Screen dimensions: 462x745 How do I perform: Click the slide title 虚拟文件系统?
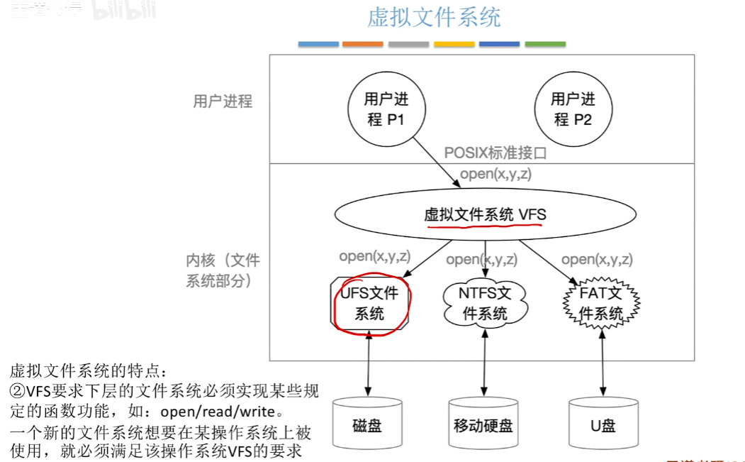tap(434, 17)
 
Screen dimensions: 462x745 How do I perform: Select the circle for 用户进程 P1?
tap(386, 109)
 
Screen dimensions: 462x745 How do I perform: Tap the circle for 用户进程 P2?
tap(573, 109)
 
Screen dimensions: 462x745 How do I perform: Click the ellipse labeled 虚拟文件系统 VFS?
tap(485, 214)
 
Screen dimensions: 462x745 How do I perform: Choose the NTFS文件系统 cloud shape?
tap(485, 303)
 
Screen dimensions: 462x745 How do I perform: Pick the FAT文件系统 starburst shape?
tap(601, 303)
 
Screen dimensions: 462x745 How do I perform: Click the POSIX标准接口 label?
tap(495, 153)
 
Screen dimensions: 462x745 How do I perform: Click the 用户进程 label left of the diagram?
tap(223, 101)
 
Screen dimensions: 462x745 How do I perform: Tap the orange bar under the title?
tap(362, 44)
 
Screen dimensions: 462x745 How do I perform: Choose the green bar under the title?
tap(545, 44)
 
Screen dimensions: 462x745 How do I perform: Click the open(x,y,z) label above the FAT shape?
tap(597, 260)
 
